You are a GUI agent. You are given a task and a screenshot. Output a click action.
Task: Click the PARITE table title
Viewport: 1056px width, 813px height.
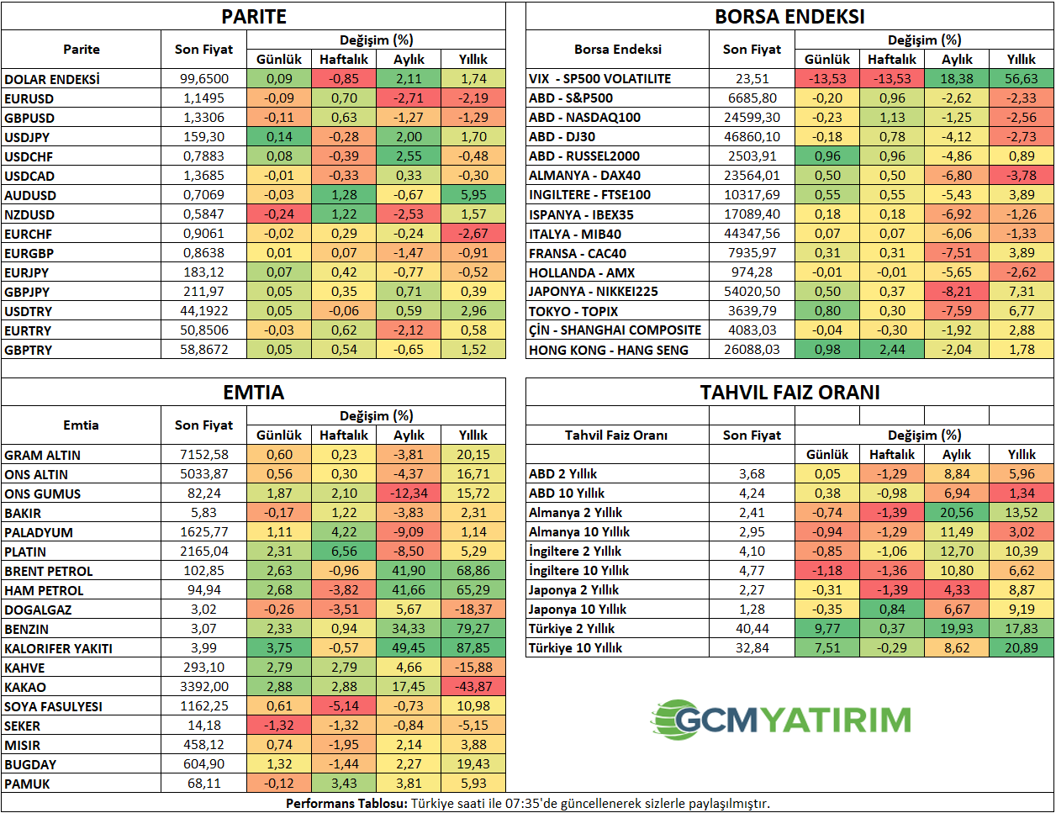point(253,17)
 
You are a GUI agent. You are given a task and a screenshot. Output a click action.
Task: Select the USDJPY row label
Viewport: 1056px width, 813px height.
point(27,137)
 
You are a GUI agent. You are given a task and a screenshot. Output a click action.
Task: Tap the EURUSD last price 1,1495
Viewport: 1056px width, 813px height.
point(203,98)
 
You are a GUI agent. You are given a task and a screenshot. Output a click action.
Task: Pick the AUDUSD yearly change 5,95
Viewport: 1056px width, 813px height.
point(473,195)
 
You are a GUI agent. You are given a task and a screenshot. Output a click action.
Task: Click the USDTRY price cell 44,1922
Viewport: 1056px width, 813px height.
point(203,311)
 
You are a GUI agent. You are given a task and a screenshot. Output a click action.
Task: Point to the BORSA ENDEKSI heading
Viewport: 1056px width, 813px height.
point(789,17)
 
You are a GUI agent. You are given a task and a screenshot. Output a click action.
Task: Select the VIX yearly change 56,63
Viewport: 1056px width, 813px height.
point(1022,79)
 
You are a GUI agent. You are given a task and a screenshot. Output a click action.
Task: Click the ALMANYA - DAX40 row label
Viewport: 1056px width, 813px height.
point(584,176)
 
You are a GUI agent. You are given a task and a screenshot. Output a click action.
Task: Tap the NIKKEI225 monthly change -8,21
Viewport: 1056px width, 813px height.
point(957,292)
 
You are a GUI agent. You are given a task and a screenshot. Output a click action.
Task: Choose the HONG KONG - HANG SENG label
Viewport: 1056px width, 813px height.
point(608,350)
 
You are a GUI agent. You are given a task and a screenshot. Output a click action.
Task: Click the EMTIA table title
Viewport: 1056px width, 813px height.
point(253,393)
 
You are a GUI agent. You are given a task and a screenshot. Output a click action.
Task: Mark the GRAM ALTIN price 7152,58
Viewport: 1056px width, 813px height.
point(203,455)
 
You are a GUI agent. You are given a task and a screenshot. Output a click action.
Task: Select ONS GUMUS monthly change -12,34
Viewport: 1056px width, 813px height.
point(409,494)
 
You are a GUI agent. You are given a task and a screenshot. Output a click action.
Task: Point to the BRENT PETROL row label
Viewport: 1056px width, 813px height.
point(49,571)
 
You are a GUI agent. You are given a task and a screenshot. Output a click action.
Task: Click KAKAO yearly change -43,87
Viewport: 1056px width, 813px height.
point(473,687)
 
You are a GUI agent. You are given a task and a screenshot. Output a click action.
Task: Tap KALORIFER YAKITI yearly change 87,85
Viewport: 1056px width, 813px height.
point(473,648)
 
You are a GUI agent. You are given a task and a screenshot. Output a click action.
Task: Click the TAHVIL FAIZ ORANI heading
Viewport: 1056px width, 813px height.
point(789,393)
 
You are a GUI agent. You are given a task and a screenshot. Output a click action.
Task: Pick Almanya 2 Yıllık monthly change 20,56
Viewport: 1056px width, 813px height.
point(957,513)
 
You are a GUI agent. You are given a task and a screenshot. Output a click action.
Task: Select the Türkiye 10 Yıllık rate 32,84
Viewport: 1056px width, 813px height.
point(752,648)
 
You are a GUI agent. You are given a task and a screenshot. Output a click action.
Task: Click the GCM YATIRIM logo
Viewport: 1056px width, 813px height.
point(781,720)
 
